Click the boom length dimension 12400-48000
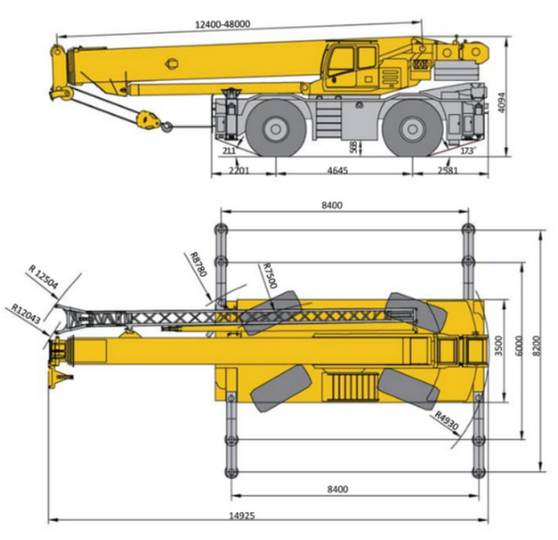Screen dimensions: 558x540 [x=223, y=24]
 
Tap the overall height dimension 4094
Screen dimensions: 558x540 [x=501, y=103]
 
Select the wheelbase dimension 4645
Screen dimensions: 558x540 [x=337, y=171]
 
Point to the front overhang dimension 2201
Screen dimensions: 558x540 [x=239, y=171]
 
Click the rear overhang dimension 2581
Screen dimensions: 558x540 [x=447, y=171]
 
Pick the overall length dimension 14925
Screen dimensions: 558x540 [x=242, y=516]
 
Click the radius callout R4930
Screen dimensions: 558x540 [x=447, y=421]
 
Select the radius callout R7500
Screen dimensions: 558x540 [x=269, y=275]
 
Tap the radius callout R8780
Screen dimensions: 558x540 [x=199, y=264]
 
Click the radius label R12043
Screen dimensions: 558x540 [x=25, y=314]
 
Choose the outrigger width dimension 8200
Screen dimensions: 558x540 [x=537, y=346]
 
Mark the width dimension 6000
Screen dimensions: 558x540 [x=519, y=346]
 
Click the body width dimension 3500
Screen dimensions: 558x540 [x=499, y=346]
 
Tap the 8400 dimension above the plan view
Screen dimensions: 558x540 [x=332, y=206]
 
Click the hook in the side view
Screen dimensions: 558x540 [x=167, y=126]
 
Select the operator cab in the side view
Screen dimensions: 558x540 [x=351, y=66]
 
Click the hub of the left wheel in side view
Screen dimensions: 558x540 [x=276, y=129]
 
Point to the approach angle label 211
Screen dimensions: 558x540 [x=228, y=151]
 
